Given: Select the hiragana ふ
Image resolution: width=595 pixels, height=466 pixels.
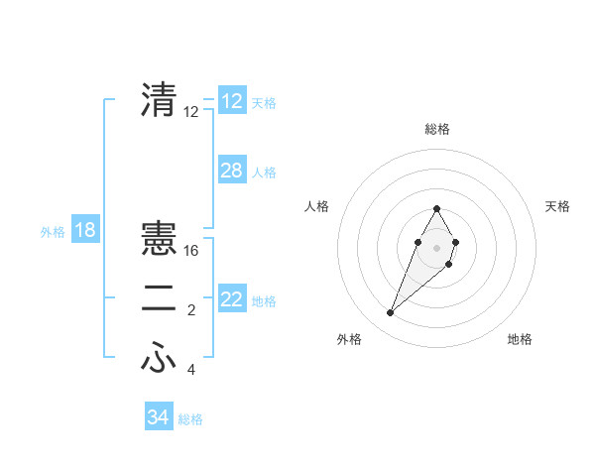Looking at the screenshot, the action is coord(159,358).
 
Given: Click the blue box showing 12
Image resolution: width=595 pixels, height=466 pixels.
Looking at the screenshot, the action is coord(232,101).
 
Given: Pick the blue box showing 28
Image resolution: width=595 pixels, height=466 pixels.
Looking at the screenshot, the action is coord(232,171).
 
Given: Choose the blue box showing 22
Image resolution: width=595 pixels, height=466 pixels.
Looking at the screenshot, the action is coord(232,299).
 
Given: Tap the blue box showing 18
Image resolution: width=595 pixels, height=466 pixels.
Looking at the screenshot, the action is coord(85,230).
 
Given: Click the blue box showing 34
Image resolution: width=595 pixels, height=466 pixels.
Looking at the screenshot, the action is coord(159,417).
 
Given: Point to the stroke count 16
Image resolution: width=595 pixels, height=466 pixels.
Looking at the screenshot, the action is coord(191,251).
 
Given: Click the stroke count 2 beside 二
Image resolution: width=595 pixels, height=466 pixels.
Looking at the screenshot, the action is coord(191,311).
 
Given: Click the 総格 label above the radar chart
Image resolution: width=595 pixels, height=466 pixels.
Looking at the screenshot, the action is coord(437,129).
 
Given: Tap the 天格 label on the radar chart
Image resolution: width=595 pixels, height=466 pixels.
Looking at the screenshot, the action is coord(558,206).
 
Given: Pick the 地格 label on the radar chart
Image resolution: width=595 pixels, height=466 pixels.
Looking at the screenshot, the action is coord(520,339).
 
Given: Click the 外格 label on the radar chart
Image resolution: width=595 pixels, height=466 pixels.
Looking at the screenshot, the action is coord(349,339).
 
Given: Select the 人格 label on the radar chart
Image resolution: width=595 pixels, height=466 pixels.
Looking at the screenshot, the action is coord(316,206).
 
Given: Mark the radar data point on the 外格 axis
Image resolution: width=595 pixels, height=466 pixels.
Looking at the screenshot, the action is coord(390,312).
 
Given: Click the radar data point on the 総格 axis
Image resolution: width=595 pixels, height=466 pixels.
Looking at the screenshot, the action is coord(436,208).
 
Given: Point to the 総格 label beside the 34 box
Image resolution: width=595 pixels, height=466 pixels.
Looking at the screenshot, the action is coord(190,418).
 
